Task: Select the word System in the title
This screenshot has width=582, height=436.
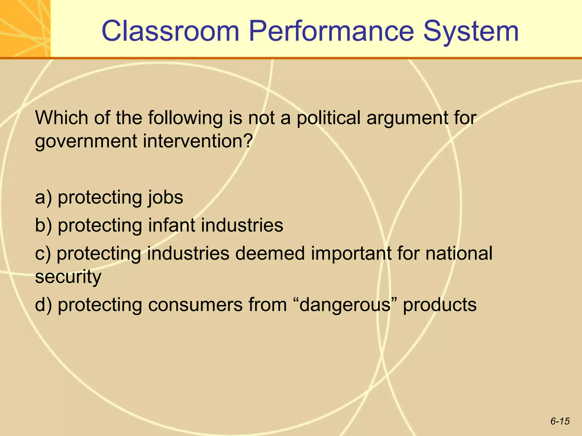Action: (x=471, y=32)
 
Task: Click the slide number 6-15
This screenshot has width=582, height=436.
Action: (x=560, y=421)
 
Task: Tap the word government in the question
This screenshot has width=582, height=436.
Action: (x=86, y=141)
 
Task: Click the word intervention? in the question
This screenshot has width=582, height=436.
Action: (x=198, y=141)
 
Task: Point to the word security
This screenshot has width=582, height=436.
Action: (x=68, y=277)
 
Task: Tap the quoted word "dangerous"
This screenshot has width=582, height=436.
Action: (x=345, y=305)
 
